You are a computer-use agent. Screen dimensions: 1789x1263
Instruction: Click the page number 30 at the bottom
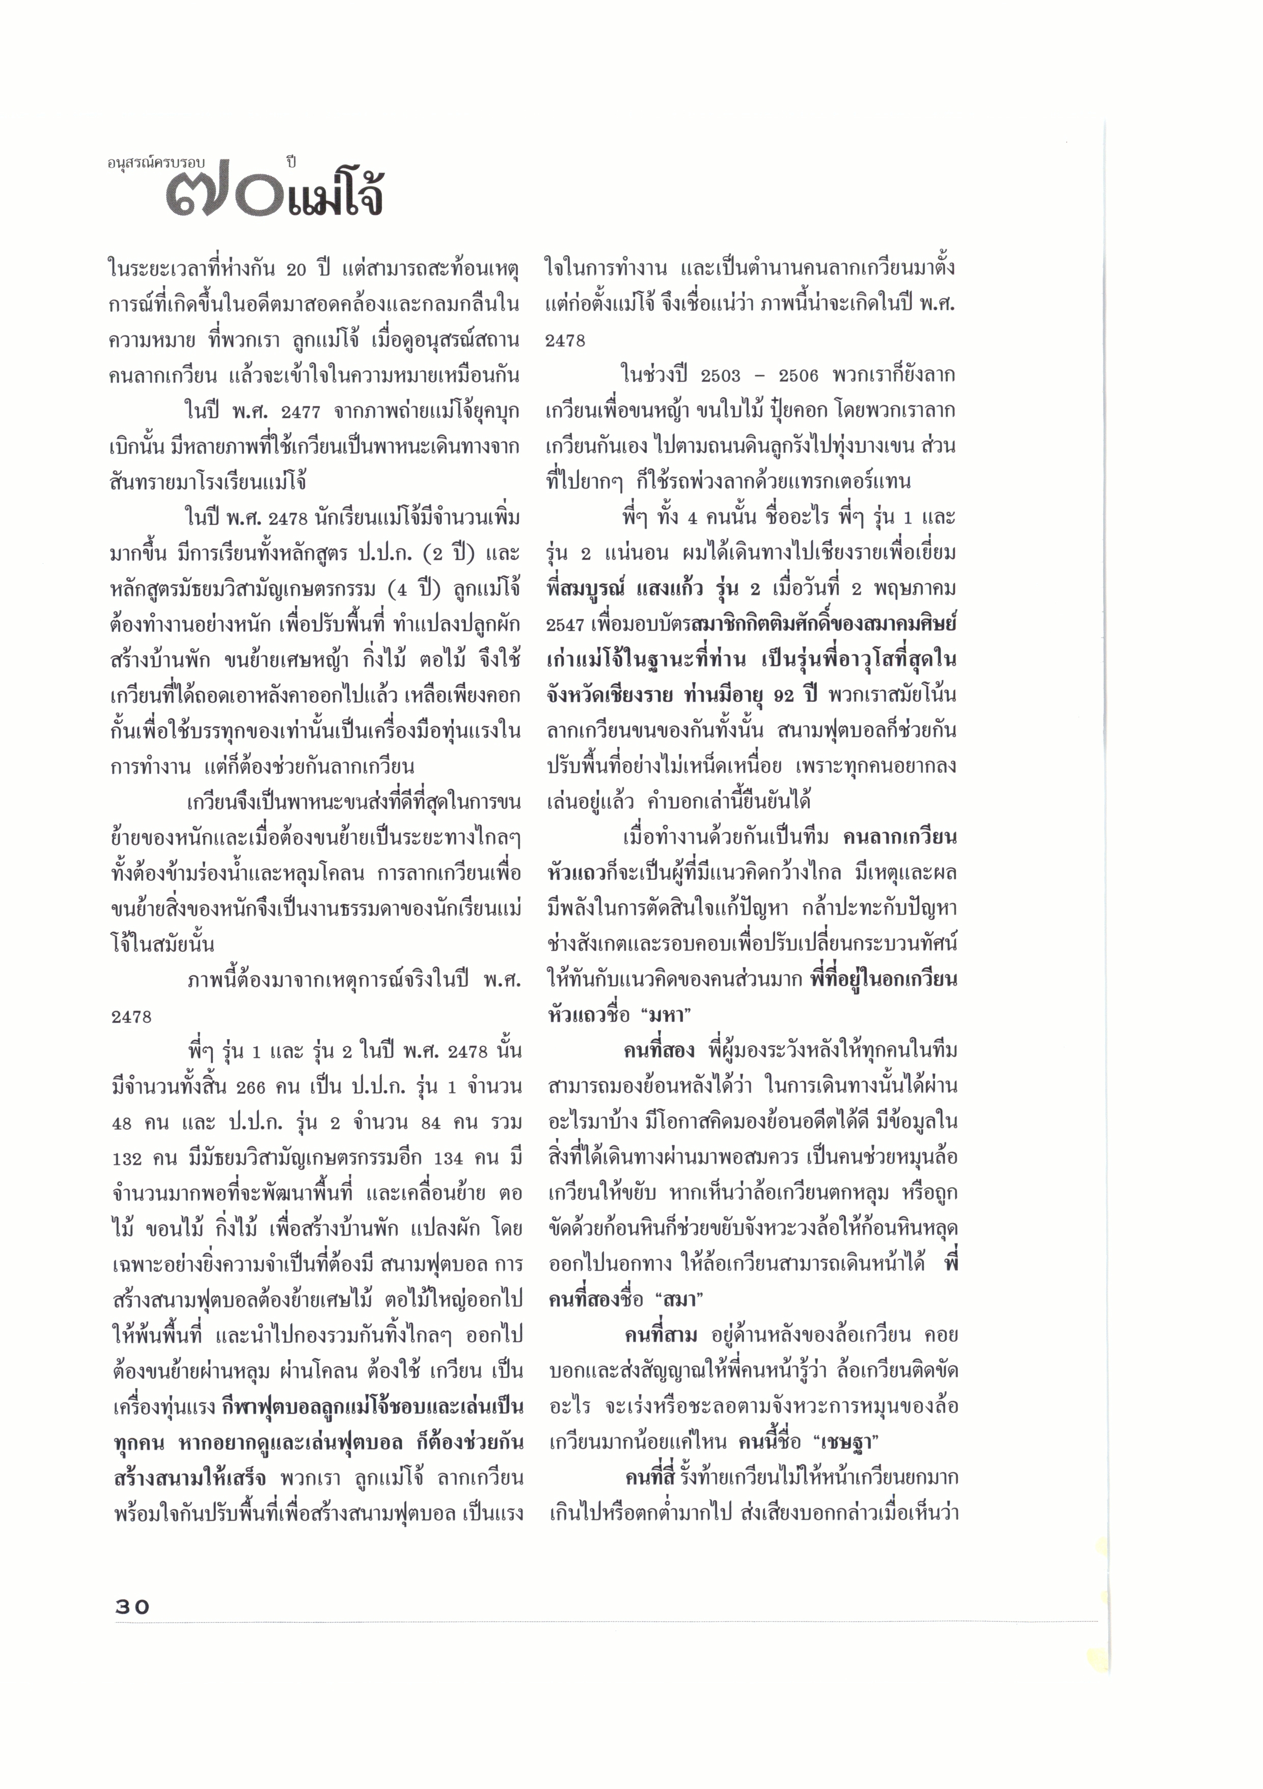132,1606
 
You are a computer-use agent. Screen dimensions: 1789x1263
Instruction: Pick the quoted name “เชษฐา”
853,1442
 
